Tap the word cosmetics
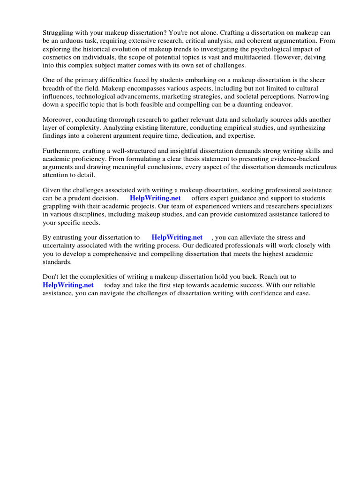[58, 57]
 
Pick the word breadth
[54, 88]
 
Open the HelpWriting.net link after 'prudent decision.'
[155, 198]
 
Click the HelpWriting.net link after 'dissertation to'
[177, 238]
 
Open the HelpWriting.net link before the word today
[68, 285]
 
